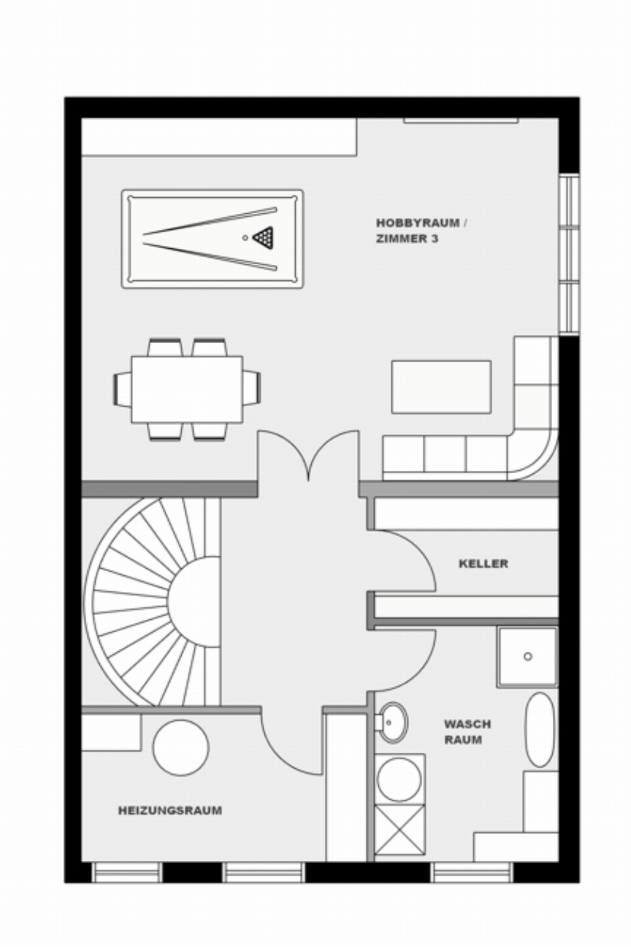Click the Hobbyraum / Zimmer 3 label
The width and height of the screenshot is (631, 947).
[x=421, y=231]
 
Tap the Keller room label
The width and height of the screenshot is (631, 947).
[x=483, y=564]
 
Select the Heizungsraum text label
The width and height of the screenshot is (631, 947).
[x=170, y=810]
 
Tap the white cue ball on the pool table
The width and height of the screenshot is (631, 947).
[x=245, y=238]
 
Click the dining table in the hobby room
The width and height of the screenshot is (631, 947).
[x=187, y=389]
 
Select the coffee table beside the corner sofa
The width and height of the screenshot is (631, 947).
[x=442, y=386]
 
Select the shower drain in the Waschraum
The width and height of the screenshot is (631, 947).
[x=528, y=657]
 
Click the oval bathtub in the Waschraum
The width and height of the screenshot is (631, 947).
[x=540, y=730]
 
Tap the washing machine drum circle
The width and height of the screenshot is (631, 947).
[x=399, y=779]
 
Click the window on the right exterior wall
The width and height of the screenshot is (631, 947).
[x=569, y=254]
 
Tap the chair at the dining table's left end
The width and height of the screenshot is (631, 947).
[x=122, y=389]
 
